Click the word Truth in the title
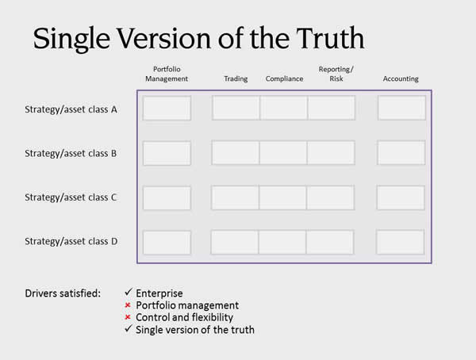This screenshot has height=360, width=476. click(x=330, y=38)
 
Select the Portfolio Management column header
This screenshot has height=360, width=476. click(x=167, y=74)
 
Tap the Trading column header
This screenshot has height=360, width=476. click(x=236, y=79)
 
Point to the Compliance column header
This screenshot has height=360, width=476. click(x=285, y=79)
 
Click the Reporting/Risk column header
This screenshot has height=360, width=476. click(x=336, y=74)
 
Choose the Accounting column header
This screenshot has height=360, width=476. click(x=401, y=79)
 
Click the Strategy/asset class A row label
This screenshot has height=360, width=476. click(x=71, y=109)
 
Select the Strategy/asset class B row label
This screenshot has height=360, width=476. click(x=71, y=153)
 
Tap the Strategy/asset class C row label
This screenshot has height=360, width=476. click(x=71, y=197)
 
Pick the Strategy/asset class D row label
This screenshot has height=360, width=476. click(x=71, y=241)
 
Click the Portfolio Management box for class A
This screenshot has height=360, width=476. click(x=167, y=108)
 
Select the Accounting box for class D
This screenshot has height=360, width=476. click(x=400, y=242)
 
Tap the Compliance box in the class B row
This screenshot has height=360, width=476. click(x=283, y=153)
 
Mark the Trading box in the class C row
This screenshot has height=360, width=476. click(x=235, y=197)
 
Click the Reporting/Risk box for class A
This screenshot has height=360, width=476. click(x=331, y=108)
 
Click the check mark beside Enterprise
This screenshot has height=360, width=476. click(x=128, y=293)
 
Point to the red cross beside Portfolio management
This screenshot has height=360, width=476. click(x=128, y=304)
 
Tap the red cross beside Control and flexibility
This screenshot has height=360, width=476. click(x=128, y=317)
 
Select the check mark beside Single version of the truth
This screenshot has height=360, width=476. click(x=128, y=328)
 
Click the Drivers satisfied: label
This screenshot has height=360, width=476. click(x=63, y=293)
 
